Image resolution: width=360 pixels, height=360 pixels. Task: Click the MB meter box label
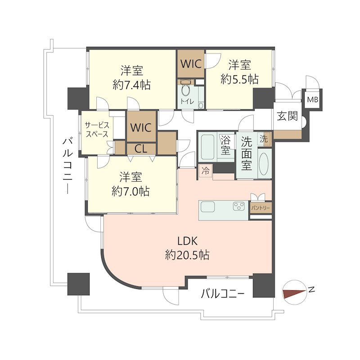[313, 99]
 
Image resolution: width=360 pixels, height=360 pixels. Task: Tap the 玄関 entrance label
[287, 116]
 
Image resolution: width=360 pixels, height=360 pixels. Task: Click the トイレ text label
[187, 102]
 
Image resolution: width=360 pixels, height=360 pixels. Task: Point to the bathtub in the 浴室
[208, 147]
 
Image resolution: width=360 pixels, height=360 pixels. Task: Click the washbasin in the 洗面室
[264, 163]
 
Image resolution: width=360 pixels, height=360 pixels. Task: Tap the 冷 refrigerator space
[205, 171]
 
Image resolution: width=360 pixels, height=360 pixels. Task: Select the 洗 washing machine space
[264, 139]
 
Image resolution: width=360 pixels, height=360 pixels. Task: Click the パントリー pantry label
[261, 208]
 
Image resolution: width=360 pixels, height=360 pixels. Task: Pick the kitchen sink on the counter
[208, 207]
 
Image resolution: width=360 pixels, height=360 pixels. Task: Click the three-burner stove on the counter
[239, 206]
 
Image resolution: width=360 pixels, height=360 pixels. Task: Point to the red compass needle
[294, 293]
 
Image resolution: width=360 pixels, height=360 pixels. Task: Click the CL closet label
[141, 149]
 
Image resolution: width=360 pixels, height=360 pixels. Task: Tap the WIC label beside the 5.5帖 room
[191, 63]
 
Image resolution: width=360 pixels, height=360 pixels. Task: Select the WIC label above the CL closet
[141, 127]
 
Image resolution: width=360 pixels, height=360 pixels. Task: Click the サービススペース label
[97, 130]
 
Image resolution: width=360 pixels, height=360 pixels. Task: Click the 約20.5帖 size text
[187, 255]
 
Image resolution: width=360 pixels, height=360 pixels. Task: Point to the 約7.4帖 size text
[132, 85]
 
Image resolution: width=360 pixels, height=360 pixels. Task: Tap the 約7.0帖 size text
[130, 191]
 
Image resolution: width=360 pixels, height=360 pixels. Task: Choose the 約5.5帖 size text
[239, 80]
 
